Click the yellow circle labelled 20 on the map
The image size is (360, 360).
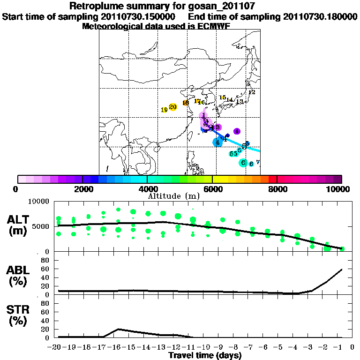172,107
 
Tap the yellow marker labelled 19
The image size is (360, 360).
164,110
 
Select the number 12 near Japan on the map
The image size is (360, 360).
252,92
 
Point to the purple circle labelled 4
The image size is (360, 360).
237,131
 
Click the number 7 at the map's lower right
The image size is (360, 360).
258,162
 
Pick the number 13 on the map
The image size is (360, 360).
239,102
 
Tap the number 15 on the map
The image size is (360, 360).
223,97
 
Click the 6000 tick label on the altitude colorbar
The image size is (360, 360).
212,189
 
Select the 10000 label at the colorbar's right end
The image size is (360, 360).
339,189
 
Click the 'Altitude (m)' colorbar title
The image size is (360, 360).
174,195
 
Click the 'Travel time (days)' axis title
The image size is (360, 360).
205,356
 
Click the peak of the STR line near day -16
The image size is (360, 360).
119,329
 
